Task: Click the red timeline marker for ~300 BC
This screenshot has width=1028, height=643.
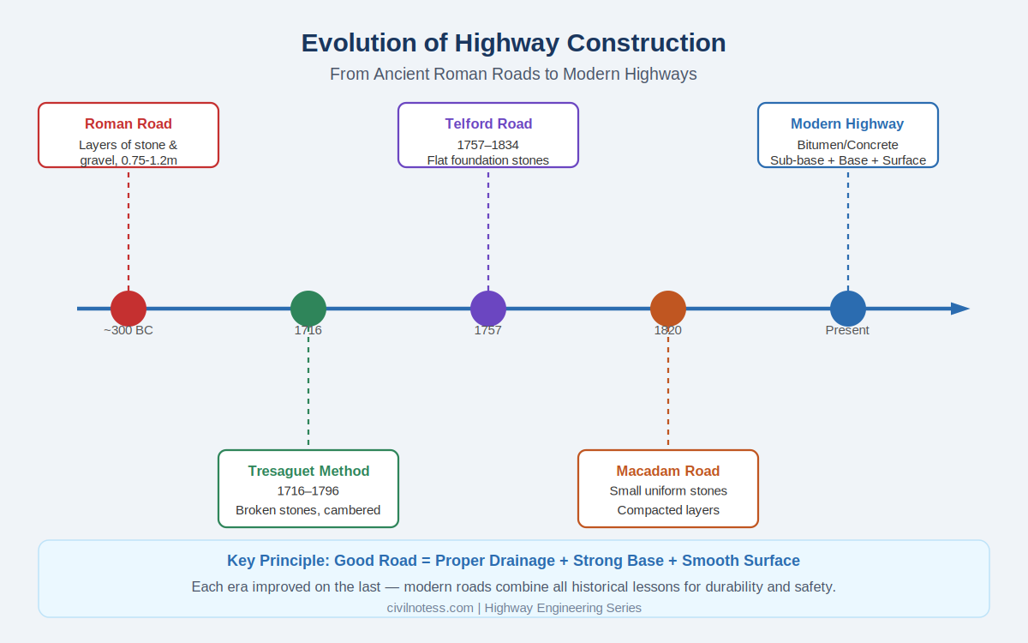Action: click(x=128, y=309)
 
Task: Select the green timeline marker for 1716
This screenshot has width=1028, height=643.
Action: click(x=308, y=309)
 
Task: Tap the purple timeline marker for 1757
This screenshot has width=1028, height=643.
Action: click(x=488, y=309)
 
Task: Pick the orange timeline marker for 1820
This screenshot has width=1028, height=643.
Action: click(x=668, y=309)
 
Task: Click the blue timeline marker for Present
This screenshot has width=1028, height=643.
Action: click(x=848, y=309)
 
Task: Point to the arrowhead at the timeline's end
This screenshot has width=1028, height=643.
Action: click(x=960, y=309)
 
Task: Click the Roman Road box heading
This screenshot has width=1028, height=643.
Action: click(x=128, y=123)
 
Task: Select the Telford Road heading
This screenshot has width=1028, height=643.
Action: click(x=488, y=123)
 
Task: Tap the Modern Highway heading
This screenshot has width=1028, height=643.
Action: click(x=847, y=123)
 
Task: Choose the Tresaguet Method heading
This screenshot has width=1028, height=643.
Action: click(x=308, y=471)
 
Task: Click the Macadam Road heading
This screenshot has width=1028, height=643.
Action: click(x=668, y=471)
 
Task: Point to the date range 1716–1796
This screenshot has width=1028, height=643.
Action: click(x=308, y=491)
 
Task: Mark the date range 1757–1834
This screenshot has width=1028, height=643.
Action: click(x=488, y=144)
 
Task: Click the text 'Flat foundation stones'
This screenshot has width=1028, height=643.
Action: click(x=488, y=160)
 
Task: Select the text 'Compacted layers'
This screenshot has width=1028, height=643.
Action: click(x=668, y=510)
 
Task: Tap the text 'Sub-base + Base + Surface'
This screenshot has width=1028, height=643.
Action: click(x=848, y=160)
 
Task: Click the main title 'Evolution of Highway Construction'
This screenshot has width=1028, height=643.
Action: click(x=513, y=43)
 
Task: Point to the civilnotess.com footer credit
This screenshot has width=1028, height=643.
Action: click(x=430, y=608)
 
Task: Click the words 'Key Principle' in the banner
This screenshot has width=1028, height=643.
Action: click(x=276, y=561)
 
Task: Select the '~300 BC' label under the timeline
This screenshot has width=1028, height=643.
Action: click(x=128, y=330)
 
